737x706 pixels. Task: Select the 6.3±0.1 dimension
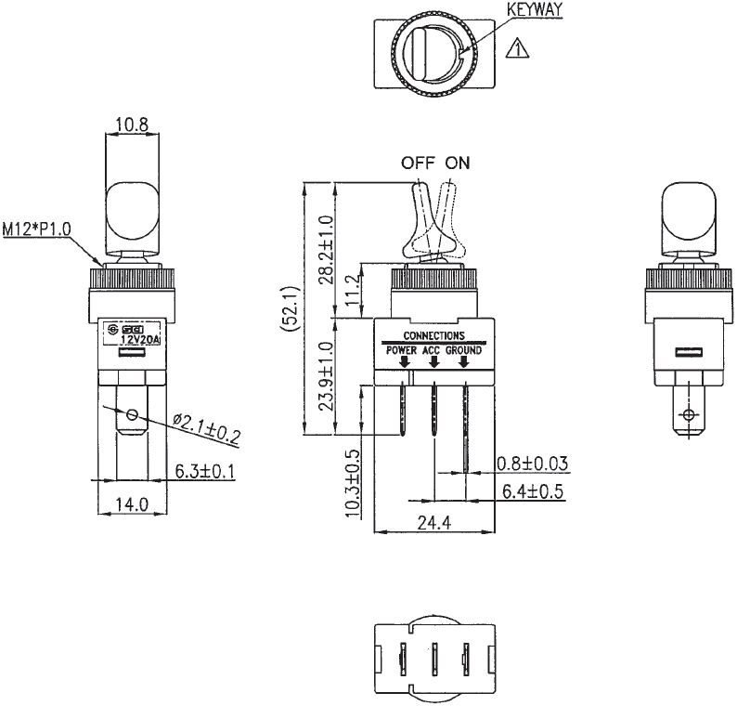click(x=204, y=472)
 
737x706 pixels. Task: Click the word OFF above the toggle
click(x=417, y=163)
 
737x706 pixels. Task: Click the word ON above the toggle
click(x=457, y=163)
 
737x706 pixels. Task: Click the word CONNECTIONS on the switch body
click(x=433, y=335)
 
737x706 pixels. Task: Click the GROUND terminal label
click(x=465, y=349)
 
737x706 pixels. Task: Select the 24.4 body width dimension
click(x=433, y=523)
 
